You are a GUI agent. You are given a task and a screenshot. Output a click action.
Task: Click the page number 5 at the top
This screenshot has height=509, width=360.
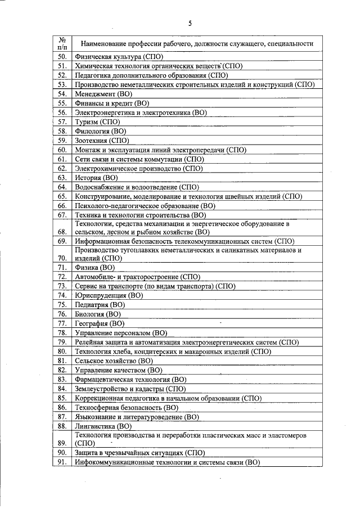click(190, 23)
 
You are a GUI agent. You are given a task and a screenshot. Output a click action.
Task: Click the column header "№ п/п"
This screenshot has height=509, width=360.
click(62, 44)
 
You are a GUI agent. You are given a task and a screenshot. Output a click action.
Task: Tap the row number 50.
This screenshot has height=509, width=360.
click(62, 57)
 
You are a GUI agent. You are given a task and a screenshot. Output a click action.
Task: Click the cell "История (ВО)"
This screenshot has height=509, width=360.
click(96, 177)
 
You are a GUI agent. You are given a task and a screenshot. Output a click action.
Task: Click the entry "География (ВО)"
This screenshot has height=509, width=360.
click(100, 323)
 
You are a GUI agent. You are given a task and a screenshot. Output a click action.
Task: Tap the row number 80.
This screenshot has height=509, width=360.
click(62, 352)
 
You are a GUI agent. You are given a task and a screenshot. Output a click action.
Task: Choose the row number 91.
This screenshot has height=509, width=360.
click(62, 462)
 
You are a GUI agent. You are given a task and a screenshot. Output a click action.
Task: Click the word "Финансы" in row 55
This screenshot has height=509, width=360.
click(90, 103)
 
